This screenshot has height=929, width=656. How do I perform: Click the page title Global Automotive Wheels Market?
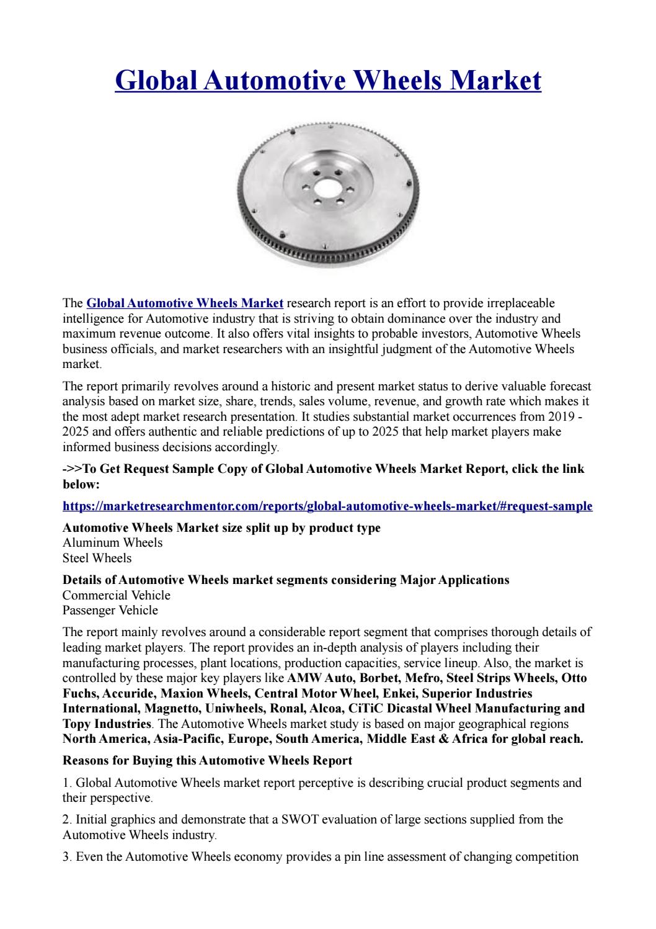coord(328,81)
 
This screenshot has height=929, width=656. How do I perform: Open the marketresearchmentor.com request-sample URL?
coord(327,506)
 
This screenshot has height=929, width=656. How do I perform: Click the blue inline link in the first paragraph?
coord(185,303)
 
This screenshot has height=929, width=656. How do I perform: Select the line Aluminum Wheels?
coord(113,543)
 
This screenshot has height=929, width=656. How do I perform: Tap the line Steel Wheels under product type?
coord(97,558)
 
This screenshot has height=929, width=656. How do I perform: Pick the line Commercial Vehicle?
coord(117,595)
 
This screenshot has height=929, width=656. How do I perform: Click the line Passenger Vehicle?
coord(110,610)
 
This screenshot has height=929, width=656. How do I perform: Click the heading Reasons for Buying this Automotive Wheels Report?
coord(208,760)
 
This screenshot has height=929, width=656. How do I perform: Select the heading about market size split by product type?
coord(222,528)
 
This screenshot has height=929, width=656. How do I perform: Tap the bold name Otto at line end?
coord(574,678)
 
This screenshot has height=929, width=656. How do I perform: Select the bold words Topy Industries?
coord(106,724)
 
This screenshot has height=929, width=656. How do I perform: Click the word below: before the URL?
coord(81,483)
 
